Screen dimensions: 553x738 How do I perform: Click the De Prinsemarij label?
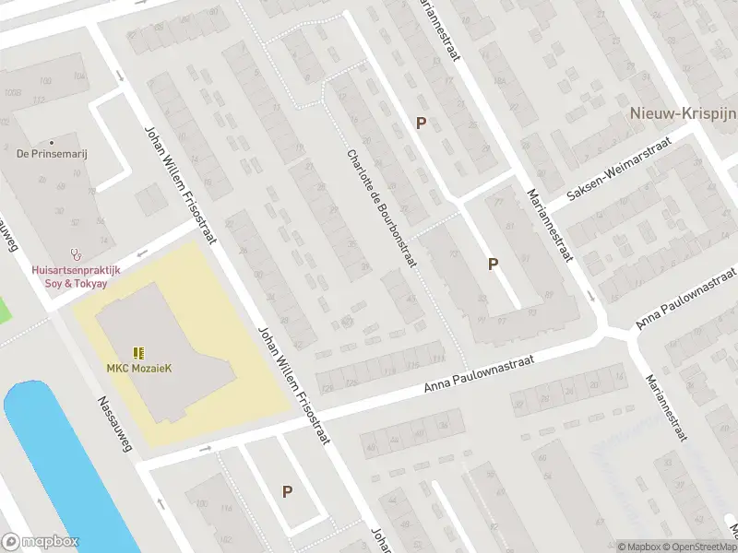click(x=52, y=155)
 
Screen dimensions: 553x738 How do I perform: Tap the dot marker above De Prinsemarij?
click(x=52, y=142)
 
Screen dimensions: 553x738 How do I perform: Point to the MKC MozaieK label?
click(x=138, y=369)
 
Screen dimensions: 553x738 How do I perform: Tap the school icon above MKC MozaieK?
click(x=138, y=352)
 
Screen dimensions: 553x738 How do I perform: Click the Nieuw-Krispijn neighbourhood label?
click(x=682, y=113)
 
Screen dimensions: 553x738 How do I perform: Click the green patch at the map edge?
click(x=5, y=309)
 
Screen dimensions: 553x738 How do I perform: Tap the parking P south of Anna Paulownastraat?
click(x=287, y=492)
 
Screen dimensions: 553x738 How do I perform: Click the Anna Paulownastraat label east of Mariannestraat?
click(x=688, y=300)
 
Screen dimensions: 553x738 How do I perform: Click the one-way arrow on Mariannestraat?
click(x=591, y=297)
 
